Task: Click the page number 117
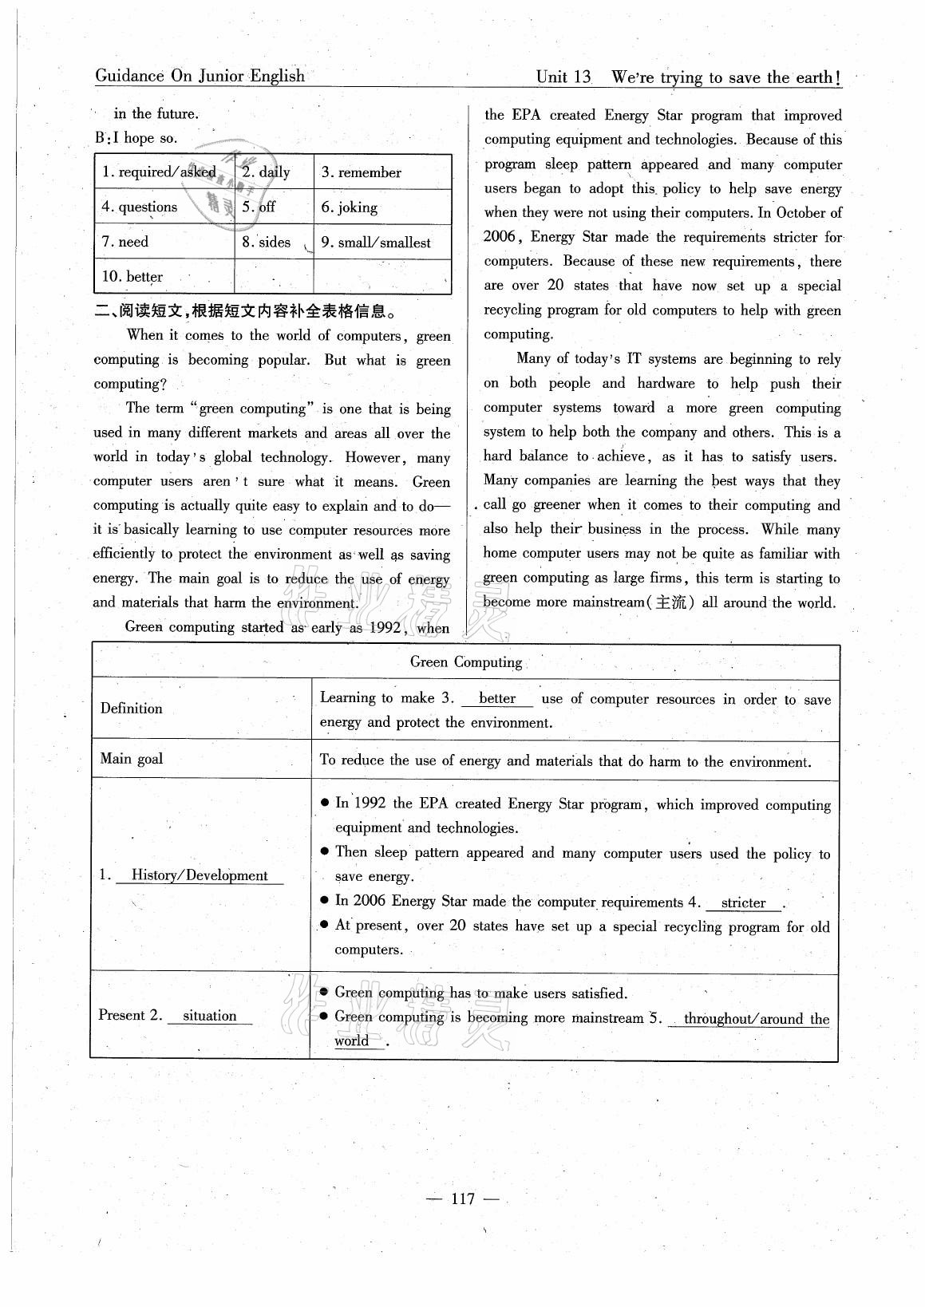pyautogui.click(x=462, y=1198)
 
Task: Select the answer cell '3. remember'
pyautogui.click(x=362, y=172)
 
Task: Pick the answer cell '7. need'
pyautogui.click(x=125, y=242)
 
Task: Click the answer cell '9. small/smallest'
pyautogui.click(x=376, y=243)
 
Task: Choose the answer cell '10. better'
pyautogui.click(x=132, y=277)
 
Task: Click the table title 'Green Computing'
pyautogui.click(x=465, y=662)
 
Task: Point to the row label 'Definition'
pyautogui.click(x=132, y=709)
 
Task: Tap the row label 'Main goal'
pyautogui.click(x=132, y=759)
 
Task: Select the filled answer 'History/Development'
pyautogui.click(x=200, y=875)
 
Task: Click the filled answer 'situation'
pyautogui.click(x=210, y=1016)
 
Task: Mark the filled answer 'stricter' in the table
pyautogui.click(x=743, y=903)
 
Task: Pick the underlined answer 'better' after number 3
pyautogui.click(x=497, y=699)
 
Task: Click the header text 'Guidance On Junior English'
pyautogui.click(x=200, y=77)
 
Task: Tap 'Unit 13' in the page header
pyautogui.click(x=563, y=77)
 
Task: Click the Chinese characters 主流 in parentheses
pyautogui.click(x=670, y=602)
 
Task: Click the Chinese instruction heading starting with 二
pyautogui.click(x=245, y=312)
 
